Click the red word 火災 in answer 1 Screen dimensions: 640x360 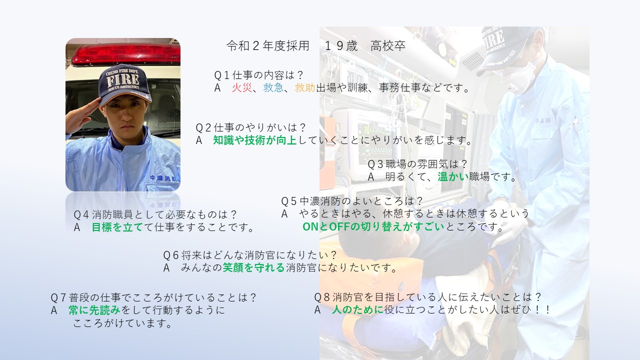tap(242, 87)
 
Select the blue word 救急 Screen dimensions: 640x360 tap(273, 87)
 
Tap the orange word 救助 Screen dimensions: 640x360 tap(305, 87)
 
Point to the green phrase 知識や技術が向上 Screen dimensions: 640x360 tap(255, 140)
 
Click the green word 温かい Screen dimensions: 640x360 tap(453, 177)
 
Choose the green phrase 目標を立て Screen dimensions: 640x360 tap(117, 227)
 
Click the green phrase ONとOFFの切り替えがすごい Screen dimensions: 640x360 tap(373, 226)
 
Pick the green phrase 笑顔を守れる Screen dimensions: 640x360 tap(253, 267)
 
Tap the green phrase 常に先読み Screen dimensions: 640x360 tap(94, 310)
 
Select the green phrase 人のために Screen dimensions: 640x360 tap(357, 309)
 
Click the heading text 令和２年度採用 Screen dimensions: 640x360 tap(268, 45)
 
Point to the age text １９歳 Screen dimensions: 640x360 tap(341, 45)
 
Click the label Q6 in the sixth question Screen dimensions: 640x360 tap(171, 255)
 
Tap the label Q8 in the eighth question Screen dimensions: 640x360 tap(322, 297)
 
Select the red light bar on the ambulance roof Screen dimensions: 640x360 tap(125, 55)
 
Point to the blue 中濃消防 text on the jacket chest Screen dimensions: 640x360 tap(163, 178)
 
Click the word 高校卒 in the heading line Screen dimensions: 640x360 tap(388, 45)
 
